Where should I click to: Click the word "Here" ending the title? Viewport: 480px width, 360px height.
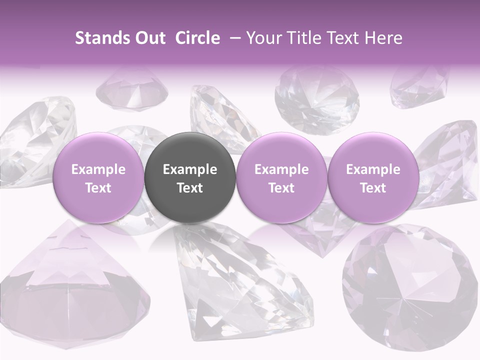point(384,38)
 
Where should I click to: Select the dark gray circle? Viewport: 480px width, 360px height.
point(189,177)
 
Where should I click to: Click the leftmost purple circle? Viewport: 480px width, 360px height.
point(98,177)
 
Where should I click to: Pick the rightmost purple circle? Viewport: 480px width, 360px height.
point(373,177)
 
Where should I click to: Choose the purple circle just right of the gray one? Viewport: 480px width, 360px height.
point(281,177)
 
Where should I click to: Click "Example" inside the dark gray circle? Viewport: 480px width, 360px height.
point(189,169)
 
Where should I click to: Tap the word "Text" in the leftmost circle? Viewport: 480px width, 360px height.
point(98,188)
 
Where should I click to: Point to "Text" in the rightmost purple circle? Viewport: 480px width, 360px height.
point(373,188)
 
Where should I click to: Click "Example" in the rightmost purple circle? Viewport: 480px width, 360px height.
point(373,169)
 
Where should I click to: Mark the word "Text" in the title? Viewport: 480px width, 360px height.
point(348,38)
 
